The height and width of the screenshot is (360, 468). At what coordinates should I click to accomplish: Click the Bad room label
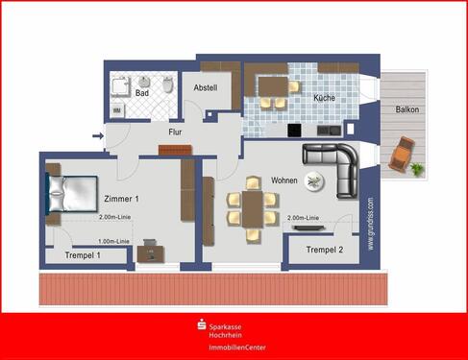pyautogui.click(x=142, y=93)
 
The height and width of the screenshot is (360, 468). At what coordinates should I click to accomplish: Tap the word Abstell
pyautogui.click(x=206, y=87)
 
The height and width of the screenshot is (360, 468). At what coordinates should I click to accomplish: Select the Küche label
pyautogui.click(x=323, y=98)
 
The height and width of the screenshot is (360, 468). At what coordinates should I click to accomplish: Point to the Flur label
pyautogui.click(x=175, y=132)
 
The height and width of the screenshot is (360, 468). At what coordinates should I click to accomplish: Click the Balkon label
pyautogui.click(x=407, y=109)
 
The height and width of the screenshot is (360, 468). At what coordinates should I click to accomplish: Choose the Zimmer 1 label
pyautogui.click(x=121, y=199)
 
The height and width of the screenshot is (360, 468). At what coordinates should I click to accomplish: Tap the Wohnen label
pyautogui.click(x=283, y=180)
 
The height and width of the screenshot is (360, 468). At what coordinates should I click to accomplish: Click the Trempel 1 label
pyautogui.click(x=83, y=255)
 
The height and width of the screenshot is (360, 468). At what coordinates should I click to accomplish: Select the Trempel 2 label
pyautogui.click(x=324, y=250)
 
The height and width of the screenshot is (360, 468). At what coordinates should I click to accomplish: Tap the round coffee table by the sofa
pyautogui.click(x=314, y=180)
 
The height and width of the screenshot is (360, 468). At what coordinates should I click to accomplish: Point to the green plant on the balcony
pyautogui.click(x=417, y=169)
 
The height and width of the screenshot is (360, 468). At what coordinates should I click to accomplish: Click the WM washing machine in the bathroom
pyautogui.click(x=117, y=110)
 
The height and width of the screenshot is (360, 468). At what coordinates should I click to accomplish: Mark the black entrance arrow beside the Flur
pyautogui.click(x=97, y=137)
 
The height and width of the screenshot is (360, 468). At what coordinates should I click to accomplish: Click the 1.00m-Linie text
pyautogui.click(x=113, y=242)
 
